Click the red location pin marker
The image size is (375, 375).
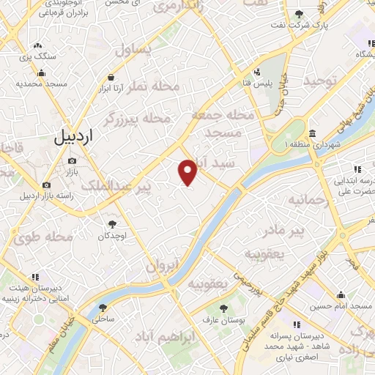(x=188, y=172)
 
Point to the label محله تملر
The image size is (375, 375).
(x=153, y=86)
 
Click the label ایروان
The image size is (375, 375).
(x=162, y=267)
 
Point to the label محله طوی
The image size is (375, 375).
(x=43, y=237)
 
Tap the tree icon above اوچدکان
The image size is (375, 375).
(x=113, y=223)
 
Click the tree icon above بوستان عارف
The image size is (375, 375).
(x=223, y=307)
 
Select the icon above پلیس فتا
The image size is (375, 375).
(x=258, y=72)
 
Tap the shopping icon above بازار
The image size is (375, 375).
(x=72, y=160)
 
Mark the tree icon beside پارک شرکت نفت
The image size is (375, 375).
(x=299, y=14)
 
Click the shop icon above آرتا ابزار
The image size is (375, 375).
(x=111, y=76)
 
